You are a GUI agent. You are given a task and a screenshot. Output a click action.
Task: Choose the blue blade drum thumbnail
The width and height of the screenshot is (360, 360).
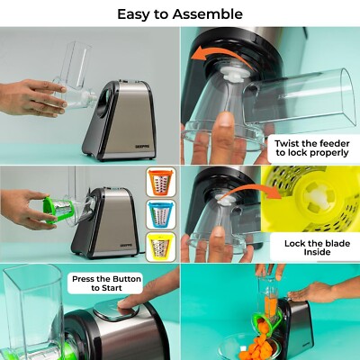[160, 214]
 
